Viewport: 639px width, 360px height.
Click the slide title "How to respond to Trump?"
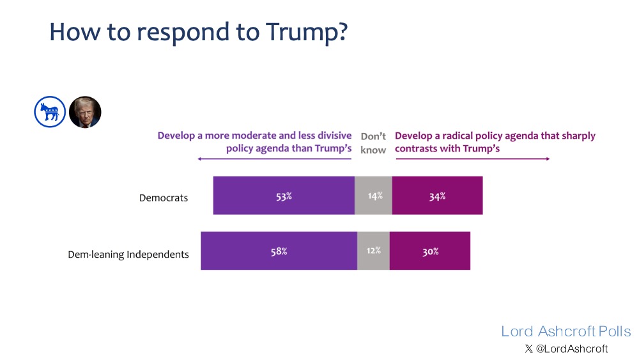198,31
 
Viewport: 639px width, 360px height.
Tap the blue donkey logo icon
50,113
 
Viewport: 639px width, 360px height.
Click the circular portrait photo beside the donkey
85,113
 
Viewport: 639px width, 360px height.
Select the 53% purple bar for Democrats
284,196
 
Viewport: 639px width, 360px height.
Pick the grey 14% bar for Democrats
374,196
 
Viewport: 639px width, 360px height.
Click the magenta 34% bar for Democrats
438,196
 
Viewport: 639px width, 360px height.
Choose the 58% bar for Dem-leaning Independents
279,251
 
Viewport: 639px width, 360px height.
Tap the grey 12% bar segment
373,251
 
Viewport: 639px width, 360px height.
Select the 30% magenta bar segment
430,251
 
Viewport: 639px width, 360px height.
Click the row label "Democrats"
164,198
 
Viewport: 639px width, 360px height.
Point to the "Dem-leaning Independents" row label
128,254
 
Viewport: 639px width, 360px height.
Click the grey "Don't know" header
373,143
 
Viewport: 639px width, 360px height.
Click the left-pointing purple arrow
275,159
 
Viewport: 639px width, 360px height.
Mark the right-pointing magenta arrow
473,159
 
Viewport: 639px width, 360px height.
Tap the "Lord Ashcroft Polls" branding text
566,331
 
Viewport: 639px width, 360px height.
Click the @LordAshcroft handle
571,348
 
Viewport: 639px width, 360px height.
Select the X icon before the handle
528,348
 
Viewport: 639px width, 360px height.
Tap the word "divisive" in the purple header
332,136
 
